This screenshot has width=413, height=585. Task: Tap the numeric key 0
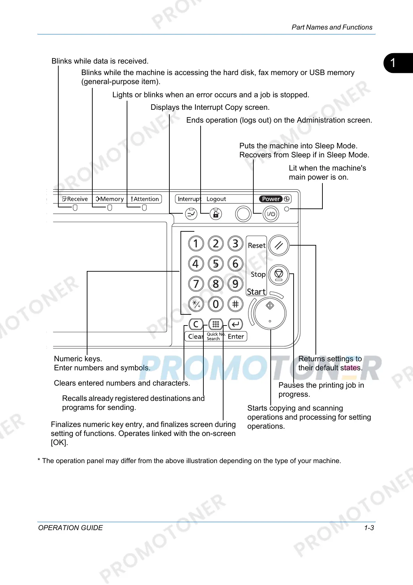[216, 304]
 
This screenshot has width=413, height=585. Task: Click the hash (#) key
[235, 304]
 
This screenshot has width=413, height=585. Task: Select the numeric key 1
[196, 244]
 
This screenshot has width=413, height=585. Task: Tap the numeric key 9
[235, 284]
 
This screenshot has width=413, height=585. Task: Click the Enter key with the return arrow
[235, 324]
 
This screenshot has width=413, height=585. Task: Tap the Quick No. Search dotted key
[216, 324]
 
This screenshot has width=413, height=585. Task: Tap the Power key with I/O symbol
[271, 214]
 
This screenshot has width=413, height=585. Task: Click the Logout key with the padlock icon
[216, 214]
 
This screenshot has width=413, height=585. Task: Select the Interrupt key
[191, 214]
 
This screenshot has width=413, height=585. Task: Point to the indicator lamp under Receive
[75, 208]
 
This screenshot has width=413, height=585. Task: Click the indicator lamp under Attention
[144, 208]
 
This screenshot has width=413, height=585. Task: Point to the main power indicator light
[287, 209]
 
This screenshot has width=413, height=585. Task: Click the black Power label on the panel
[271, 199]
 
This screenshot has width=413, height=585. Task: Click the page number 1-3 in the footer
[369, 528]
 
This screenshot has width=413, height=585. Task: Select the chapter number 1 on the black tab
[393, 63]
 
